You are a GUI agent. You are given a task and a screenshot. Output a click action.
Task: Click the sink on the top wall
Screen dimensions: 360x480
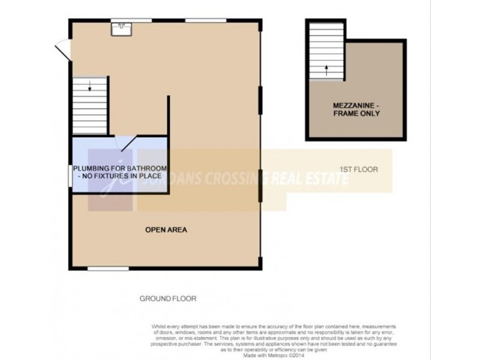[122, 26]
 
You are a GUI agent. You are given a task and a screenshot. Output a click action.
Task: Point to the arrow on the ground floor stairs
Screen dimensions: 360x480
[90, 87]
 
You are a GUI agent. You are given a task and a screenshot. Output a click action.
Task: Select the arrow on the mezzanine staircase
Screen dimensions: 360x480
[326, 69]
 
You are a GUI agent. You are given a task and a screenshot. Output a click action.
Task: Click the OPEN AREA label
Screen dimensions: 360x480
[166, 230]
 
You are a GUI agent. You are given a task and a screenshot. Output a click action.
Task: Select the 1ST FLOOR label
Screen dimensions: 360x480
[359, 170]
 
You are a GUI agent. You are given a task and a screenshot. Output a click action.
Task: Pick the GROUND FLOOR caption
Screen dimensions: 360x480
[167, 298]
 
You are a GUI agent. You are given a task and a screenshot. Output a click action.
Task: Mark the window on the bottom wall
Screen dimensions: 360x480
[109, 268]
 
